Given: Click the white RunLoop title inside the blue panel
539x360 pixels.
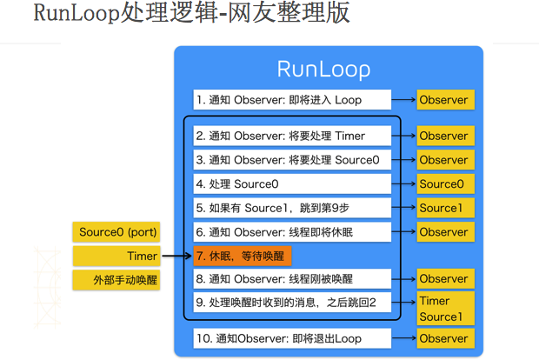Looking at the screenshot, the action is [x=323, y=70].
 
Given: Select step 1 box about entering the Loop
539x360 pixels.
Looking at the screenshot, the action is [x=292, y=100].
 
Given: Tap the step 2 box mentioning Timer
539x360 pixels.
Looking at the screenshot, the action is [x=292, y=136].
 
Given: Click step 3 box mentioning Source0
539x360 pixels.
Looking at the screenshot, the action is [x=292, y=160].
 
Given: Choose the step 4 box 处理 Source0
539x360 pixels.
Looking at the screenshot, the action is [x=292, y=184].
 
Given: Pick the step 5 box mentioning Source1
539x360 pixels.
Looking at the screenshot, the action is [x=292, y=208].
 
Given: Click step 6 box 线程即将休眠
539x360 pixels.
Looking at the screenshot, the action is [x=292, y=232].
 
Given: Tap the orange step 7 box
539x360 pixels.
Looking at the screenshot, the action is [x=243, y=257].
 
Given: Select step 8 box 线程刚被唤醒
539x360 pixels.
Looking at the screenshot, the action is [x=292, y=279].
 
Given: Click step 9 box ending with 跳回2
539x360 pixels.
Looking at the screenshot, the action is [x=292, y=303].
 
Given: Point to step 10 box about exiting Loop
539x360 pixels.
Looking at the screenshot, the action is [x=292, y=338].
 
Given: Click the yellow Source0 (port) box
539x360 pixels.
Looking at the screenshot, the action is [x=116, y=232].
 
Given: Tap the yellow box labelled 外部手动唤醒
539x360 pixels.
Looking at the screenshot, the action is [x=116, y=280].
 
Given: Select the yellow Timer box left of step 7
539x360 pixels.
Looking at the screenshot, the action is [x=116, y=257].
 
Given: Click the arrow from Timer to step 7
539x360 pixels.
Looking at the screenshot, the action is [x=176, y=256].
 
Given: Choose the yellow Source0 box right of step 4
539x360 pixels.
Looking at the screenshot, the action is [x=445, y=184].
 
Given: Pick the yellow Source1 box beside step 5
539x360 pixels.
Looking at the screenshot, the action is [x=445, y=208].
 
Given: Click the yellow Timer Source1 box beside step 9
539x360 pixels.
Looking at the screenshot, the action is [x=445, y=309].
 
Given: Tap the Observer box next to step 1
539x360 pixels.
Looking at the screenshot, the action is [x=445, y=100].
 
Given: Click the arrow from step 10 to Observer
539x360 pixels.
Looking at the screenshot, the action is [x=404, y=338].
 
